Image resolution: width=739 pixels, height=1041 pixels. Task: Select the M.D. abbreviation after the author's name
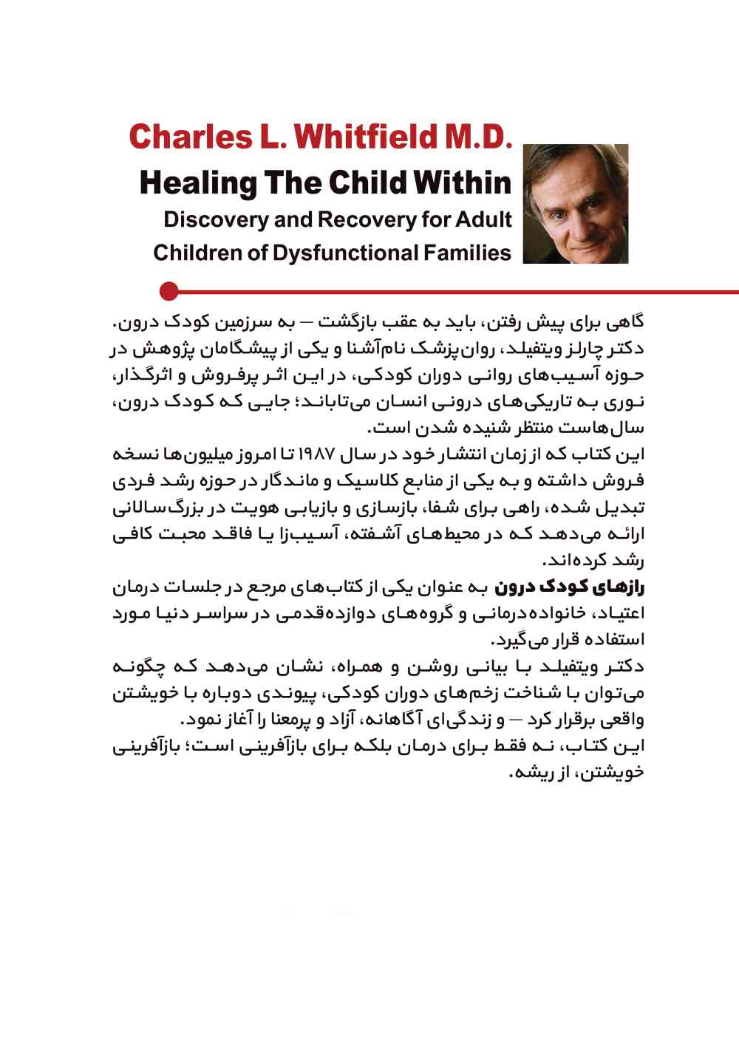coord(477,137)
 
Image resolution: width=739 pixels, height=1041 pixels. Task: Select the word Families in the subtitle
coord(467,253)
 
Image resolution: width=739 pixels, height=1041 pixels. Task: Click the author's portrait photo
coord(575,204)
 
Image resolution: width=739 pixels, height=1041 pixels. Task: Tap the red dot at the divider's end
coord(169,291)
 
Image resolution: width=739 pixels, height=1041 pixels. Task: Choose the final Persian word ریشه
coord(535,773)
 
